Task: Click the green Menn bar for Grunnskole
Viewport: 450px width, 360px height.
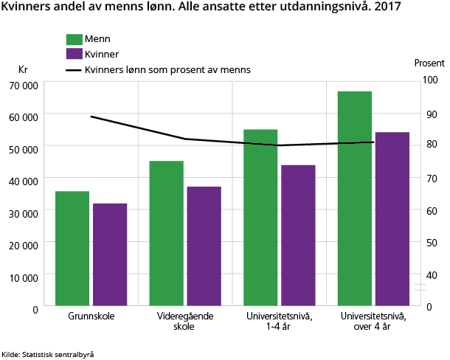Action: pyautogui.click(x=72, y=248)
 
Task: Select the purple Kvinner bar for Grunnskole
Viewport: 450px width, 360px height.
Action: pyautogui.click(x=110, y=254)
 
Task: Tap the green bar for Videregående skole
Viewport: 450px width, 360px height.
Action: pyautogui.click(x=166, y=232)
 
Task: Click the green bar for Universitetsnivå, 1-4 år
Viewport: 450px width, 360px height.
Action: pyautogui.click(x=260, y=217)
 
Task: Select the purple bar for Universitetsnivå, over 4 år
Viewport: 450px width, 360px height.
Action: pyautogui.click(x=391, y=218)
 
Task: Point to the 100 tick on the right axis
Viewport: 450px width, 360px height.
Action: pyautogui.click(x=430, y=80)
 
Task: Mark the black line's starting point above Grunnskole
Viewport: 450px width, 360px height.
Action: pyautogui.click(x=91, y=117)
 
